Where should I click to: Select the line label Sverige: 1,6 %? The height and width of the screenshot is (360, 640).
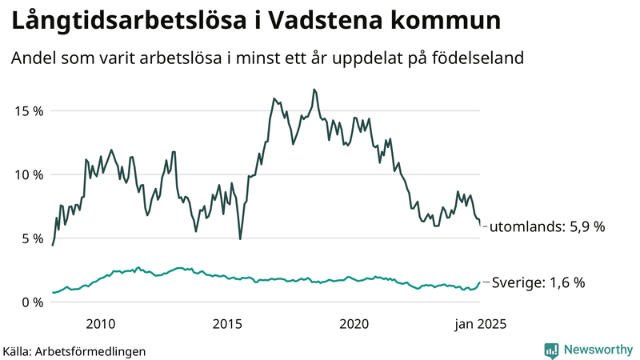coord(538,282)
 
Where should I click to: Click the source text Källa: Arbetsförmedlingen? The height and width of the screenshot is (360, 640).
coord(74,350)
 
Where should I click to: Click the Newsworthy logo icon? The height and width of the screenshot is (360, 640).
coord(551,350)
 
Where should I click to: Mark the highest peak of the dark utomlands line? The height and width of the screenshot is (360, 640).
coord(314,89)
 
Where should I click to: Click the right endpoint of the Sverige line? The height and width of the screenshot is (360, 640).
coord(481,282)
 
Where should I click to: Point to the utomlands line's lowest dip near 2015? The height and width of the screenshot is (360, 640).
coord(240,238)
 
